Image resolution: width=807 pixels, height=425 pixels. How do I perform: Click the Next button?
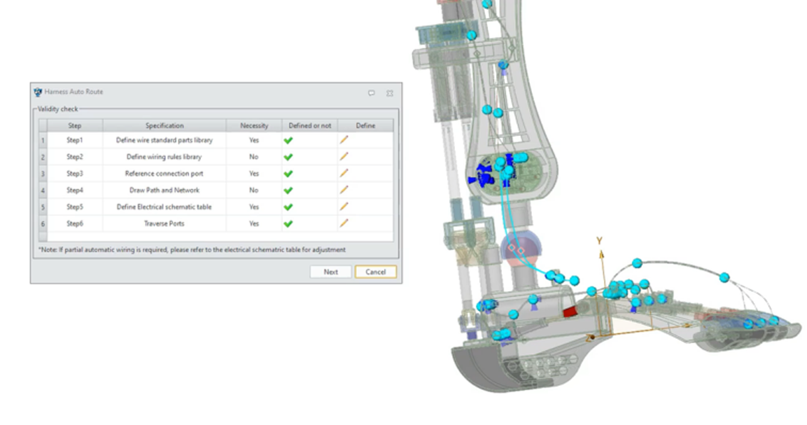330,272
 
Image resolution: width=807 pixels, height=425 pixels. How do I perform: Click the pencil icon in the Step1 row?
344,140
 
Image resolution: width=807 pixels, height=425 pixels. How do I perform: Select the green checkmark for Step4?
288,190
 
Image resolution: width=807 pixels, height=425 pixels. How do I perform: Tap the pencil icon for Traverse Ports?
344,223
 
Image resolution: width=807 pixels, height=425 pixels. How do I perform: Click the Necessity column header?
254,126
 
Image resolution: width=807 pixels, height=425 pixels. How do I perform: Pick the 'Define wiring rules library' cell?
164,156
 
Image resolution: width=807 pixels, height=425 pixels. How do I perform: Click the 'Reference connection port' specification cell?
164,174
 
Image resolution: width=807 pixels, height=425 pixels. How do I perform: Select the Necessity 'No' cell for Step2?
254,156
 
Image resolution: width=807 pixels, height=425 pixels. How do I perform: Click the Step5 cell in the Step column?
75,207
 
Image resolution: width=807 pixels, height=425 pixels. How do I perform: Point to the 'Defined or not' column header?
310,126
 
